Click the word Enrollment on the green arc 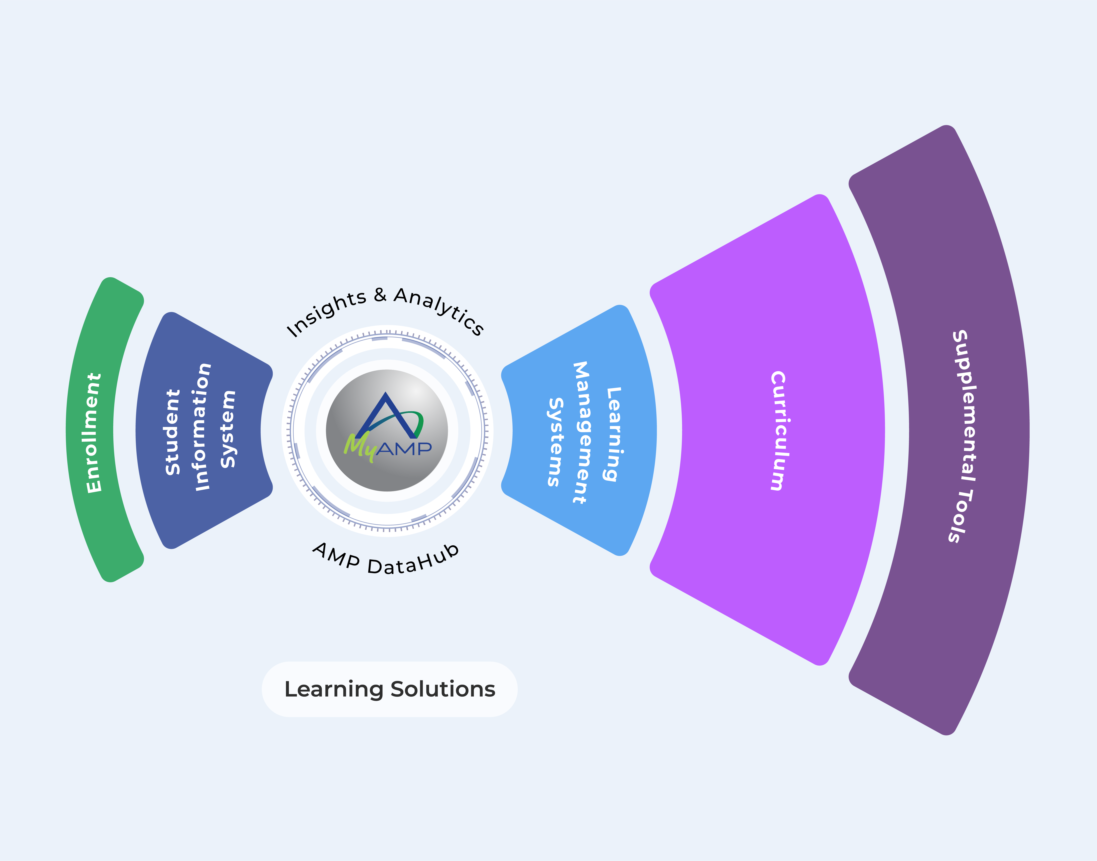[x=94, y=433]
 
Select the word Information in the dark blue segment [x=203, y=426]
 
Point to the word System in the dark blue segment [x=228, y=429]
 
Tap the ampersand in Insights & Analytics [x=380, y=295]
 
